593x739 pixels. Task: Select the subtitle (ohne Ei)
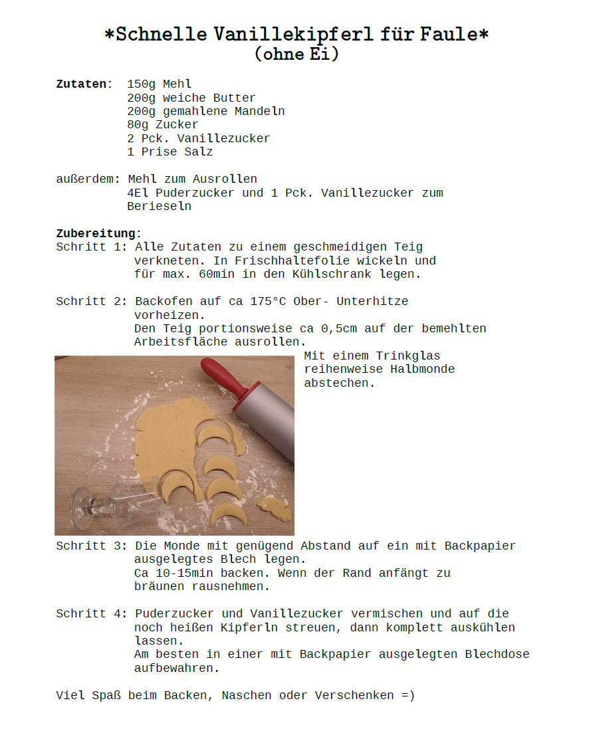click(296, 54)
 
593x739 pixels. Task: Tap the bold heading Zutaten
click(81, 84)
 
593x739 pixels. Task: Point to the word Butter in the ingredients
click(234, 98)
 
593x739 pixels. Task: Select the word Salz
click(199, 152)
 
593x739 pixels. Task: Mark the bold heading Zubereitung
click(96, 233)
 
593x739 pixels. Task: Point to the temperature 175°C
click(268, 301)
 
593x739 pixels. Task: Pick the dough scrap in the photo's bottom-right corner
click(275, 509)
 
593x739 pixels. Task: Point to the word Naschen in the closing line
click(247, 695)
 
